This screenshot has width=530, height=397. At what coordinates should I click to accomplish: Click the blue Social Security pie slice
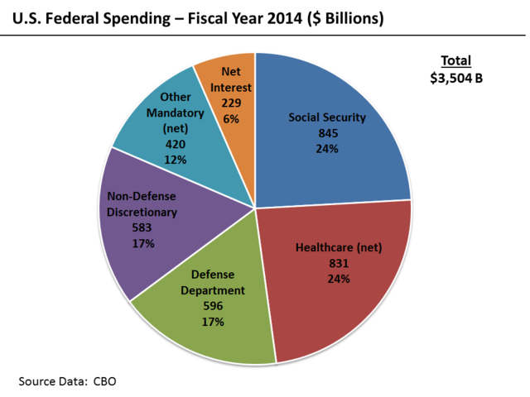(x=331, y=157)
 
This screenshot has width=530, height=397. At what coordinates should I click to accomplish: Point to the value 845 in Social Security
(x=327, y=132)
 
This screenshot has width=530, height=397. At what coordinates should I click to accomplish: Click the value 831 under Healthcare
(x=339, y=263)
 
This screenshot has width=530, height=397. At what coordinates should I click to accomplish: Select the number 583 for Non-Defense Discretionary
(x=142, y=227)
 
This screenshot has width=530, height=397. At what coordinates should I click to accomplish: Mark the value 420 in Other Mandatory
(x=175, y=144)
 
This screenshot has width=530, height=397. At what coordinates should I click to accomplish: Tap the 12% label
(x=175, y=159)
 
